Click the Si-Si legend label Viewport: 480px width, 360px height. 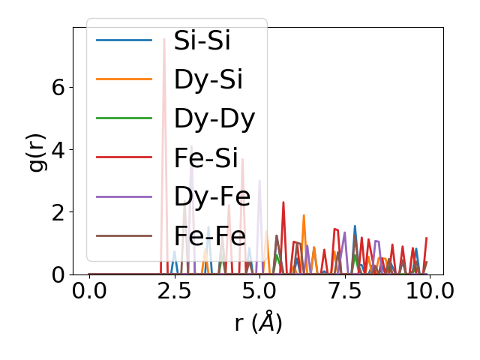tap(202, 41)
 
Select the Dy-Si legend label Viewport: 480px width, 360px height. tap(208, 80)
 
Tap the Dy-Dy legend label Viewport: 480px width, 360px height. tap(214, 119)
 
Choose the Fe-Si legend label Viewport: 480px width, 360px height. tap(205, 158)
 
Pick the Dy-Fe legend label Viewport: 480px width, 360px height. tap(210, 197)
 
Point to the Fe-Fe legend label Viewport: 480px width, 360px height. tap(209, 236)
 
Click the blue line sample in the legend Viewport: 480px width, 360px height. tap(124, 41)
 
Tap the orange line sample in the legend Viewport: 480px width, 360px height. tap(124, 80)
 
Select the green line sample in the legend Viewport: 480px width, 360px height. tap(124, 119)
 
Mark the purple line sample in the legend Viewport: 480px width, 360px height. tap(124, 197)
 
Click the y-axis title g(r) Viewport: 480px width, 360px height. tap(37, 151)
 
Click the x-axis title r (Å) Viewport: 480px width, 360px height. tap(257, 323)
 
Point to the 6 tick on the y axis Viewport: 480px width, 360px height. tap(58, 87)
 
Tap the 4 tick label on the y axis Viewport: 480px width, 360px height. tap(58, 149)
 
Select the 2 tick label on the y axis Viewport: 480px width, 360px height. tap(58, 212)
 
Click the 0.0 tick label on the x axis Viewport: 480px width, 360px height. tap(89, 291)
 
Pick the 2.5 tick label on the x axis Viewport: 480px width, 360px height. tap(174, 291)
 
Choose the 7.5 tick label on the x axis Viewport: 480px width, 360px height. tap(344, 291)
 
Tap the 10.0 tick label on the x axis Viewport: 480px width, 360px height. tap(429, 291)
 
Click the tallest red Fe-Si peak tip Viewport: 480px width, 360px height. tap(164, 39)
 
